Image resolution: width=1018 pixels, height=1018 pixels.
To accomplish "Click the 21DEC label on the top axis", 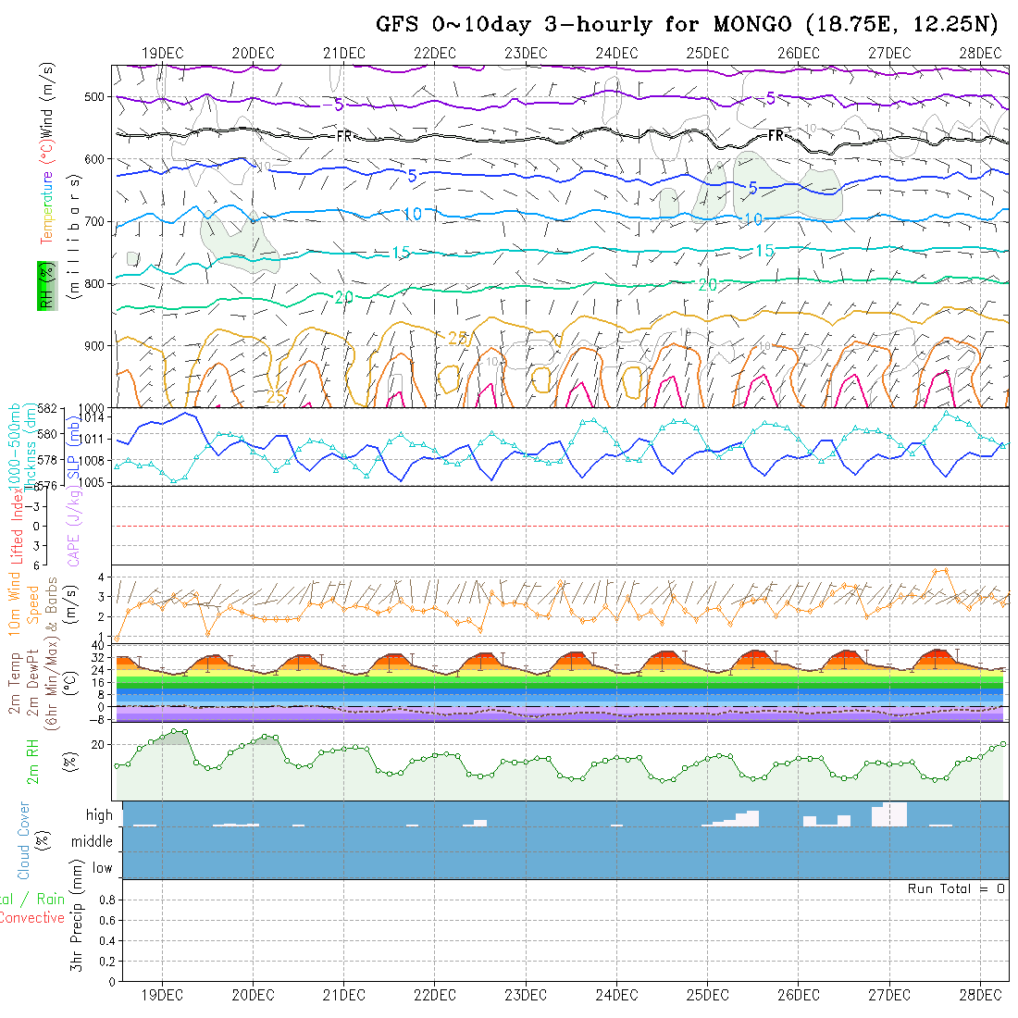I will point(343,54).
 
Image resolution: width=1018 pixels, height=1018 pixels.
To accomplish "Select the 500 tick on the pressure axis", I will point(93,96).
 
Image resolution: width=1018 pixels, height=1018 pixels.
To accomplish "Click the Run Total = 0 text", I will point(956,888).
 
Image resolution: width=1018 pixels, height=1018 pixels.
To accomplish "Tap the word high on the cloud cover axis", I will point(99,815).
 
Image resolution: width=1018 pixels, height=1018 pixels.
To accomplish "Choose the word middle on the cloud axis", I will point(92,841).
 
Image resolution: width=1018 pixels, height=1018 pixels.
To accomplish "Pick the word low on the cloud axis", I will point(102,868).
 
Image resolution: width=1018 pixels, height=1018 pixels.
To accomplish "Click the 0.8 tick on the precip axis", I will point(105,900).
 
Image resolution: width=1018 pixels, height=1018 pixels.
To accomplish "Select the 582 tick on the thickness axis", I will point(48,408).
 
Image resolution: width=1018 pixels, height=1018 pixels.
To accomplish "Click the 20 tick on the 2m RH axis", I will point(103,744).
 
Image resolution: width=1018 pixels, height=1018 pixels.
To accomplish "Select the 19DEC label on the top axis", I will point(162,54).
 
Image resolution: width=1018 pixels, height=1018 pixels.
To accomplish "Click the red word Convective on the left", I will point(31,918).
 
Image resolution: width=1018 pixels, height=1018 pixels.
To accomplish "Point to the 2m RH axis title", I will point(32,761).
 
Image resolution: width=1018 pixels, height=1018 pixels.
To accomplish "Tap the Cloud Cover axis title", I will point(24,840).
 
